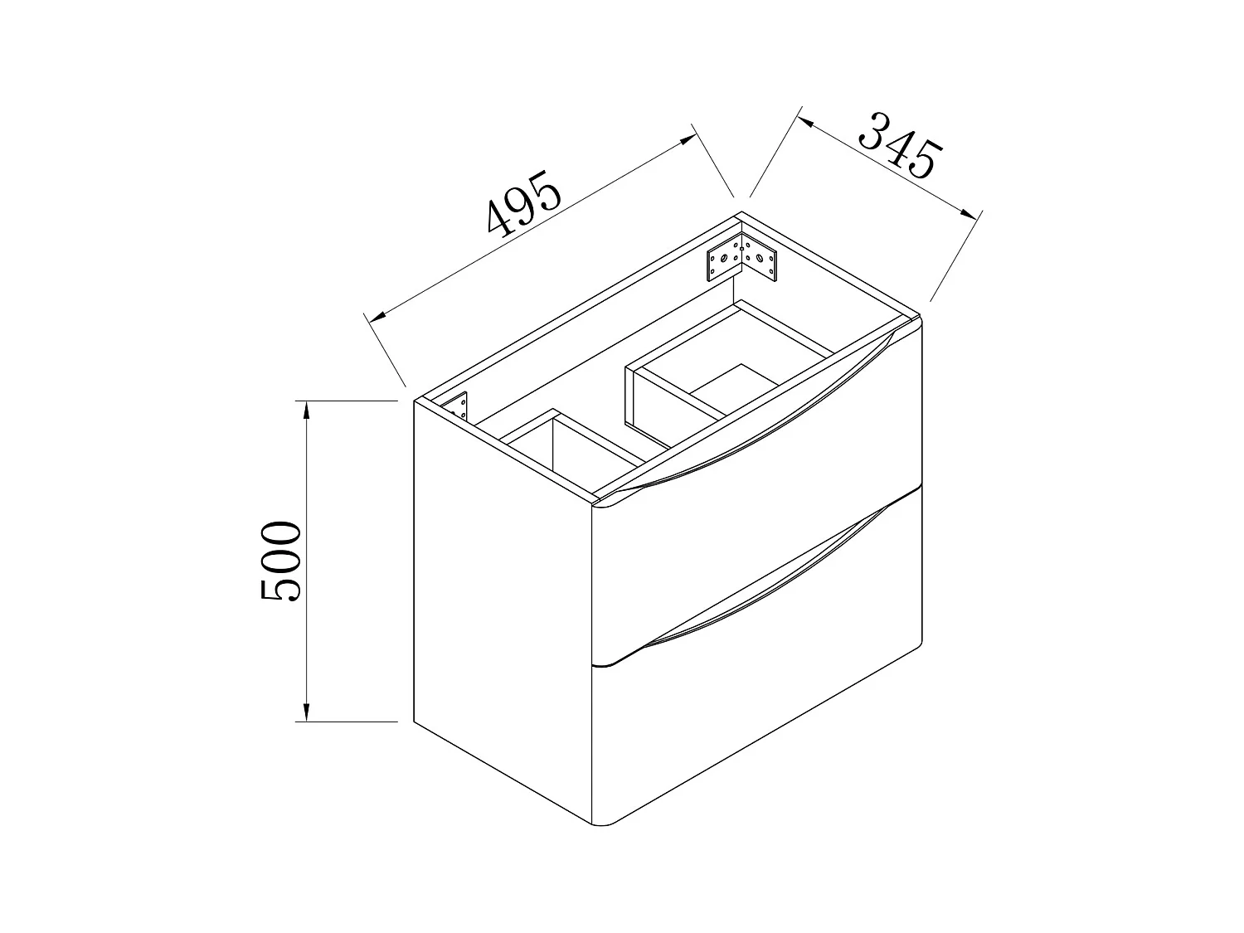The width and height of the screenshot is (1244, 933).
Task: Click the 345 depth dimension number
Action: coord(901,146)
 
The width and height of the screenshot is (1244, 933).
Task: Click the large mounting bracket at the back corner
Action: coord(741,258)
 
